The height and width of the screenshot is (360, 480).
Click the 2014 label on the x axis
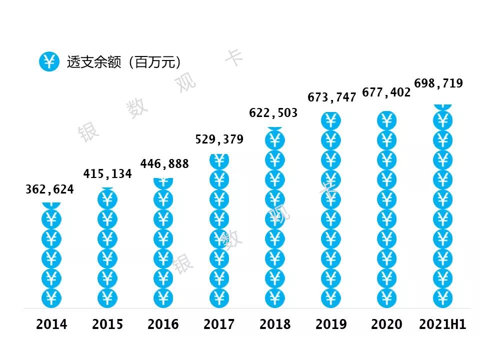click(51, 324)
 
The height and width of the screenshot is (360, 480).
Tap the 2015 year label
click(107, 324)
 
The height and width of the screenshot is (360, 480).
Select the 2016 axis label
click(163, 324)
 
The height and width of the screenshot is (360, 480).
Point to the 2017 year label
click(219, 324)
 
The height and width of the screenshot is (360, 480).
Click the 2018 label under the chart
click(275, 324)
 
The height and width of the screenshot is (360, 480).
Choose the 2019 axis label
click(331, 324)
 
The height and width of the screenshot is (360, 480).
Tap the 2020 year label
click(386, 324)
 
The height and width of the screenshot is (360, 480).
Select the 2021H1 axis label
click(442, 324)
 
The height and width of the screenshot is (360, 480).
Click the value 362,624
click(50, 189)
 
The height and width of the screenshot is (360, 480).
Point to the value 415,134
click(107, 174)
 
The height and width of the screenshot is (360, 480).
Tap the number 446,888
click(164, 163)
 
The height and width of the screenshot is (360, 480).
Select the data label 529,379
click(219, 139)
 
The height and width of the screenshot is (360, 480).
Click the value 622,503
click(273, 113)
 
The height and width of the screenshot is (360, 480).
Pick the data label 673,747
click(332, 97)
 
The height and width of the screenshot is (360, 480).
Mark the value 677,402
click(386, 92)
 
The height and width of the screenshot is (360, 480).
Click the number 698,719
click(438, 83)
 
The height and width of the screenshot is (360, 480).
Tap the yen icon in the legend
click(49, 62)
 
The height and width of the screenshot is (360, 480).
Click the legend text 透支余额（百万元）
click(123, 62)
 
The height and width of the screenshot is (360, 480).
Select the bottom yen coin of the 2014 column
click(51, 298)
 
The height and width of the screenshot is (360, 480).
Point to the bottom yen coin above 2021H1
click(442, 298)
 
